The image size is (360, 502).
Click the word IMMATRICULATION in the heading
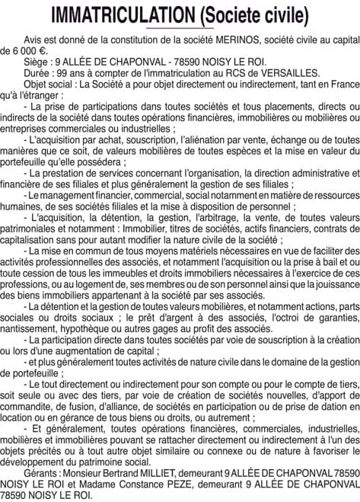pos(122,14)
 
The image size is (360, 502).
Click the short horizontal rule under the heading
pos(179,29)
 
